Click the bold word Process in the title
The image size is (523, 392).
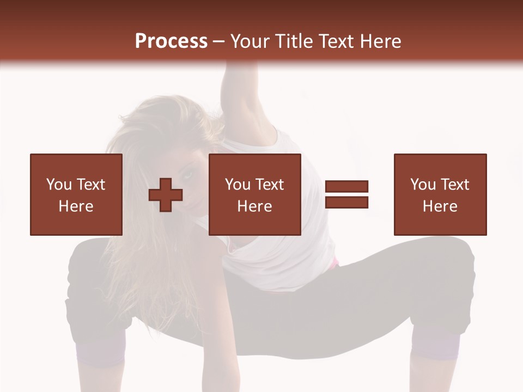coord(171,41)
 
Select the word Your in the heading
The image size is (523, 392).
coord(251,41)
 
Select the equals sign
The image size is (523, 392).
coord(346,194)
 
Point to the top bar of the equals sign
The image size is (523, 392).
coord(346,187)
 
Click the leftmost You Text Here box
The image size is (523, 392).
coord(76,194)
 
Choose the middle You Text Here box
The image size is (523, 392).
coord(254,194)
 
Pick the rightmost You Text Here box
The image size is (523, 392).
coord(440,194)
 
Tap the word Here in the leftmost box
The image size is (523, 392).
coord(76,206)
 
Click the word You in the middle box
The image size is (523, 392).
coord(238,185)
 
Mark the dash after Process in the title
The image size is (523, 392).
coord(218,42)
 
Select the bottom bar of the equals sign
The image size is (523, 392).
coord(346,202)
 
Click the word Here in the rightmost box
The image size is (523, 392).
coord(440,206)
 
